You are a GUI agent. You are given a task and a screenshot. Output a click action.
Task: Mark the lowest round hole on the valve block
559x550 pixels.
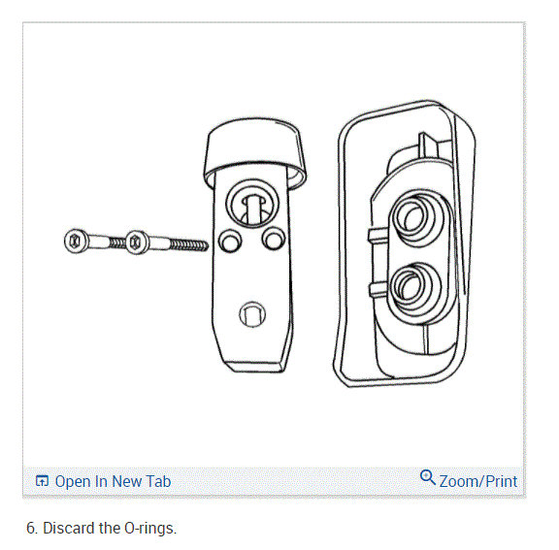tap(250, 313)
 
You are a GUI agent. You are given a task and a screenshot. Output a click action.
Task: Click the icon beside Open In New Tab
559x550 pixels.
tap(42, 481)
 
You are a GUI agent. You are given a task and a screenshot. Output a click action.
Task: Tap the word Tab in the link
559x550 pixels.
tap(156, 481)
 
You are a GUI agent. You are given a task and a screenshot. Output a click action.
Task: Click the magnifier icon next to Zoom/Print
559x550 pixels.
tap(428, 477)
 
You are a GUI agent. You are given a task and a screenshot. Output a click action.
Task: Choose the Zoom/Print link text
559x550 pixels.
tap(478, 481)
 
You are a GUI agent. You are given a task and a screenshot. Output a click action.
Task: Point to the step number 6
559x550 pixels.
tap(31, 530)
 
